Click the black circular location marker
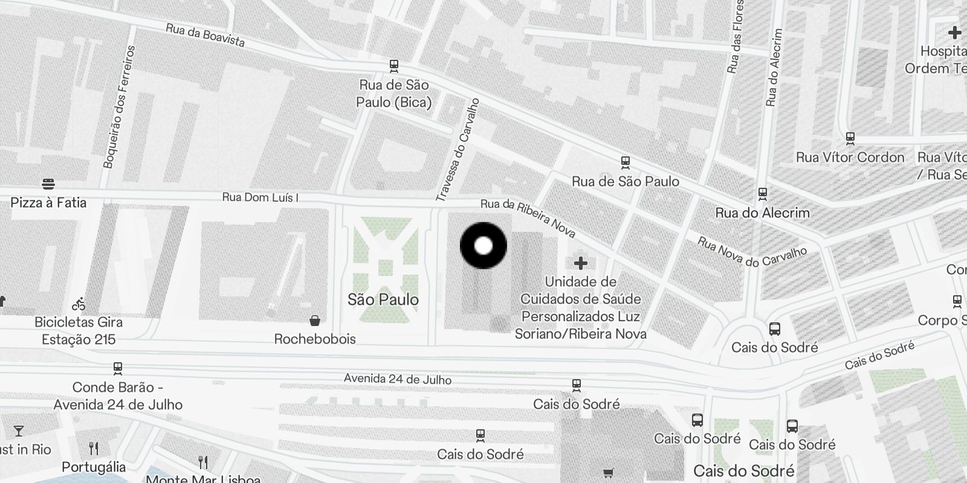coord(483,246)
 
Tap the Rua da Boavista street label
coord(205,36)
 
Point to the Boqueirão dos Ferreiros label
coord(119,107)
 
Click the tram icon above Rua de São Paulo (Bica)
coord(394,65)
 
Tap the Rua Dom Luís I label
coord(260,197)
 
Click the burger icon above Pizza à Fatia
coord(49,184)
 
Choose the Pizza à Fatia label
coord(48,202)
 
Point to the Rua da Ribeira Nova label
coord(528,218)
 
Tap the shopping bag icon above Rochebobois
coord(314,320)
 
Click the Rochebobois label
coord(315,339)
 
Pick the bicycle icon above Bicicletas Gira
coord(79,303)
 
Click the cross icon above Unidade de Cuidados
coord(580,263)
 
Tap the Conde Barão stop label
coord(118,396)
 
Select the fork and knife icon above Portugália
coord(94,449)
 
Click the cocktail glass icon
coord(19,431)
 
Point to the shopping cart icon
coord(608,473)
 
